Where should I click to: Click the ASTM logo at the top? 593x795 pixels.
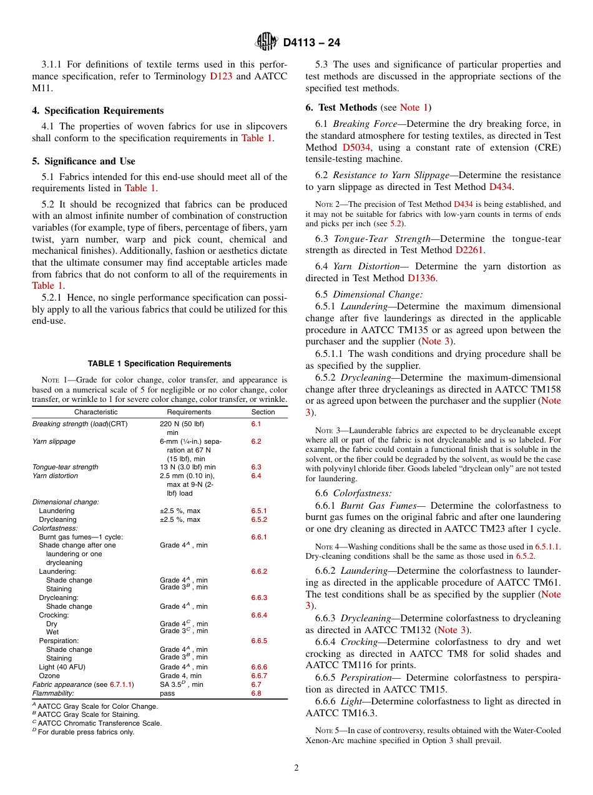267,42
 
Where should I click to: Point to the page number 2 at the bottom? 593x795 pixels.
296,768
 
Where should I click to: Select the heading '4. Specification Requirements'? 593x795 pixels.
97,111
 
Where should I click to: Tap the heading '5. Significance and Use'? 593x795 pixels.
84,161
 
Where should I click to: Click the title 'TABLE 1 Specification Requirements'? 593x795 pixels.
160,364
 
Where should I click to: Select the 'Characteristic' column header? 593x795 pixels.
96,412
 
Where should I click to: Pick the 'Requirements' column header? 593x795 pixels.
189,412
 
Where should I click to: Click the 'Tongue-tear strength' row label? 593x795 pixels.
65,467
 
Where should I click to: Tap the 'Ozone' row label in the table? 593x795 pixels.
49,676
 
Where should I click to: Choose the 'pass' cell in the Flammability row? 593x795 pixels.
167,693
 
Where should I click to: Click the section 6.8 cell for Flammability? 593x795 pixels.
256,693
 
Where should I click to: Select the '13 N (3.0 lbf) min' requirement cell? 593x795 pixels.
187,467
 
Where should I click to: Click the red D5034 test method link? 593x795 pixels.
356,147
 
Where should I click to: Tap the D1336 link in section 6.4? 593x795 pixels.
422,278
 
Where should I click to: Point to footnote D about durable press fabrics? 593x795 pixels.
83,732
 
